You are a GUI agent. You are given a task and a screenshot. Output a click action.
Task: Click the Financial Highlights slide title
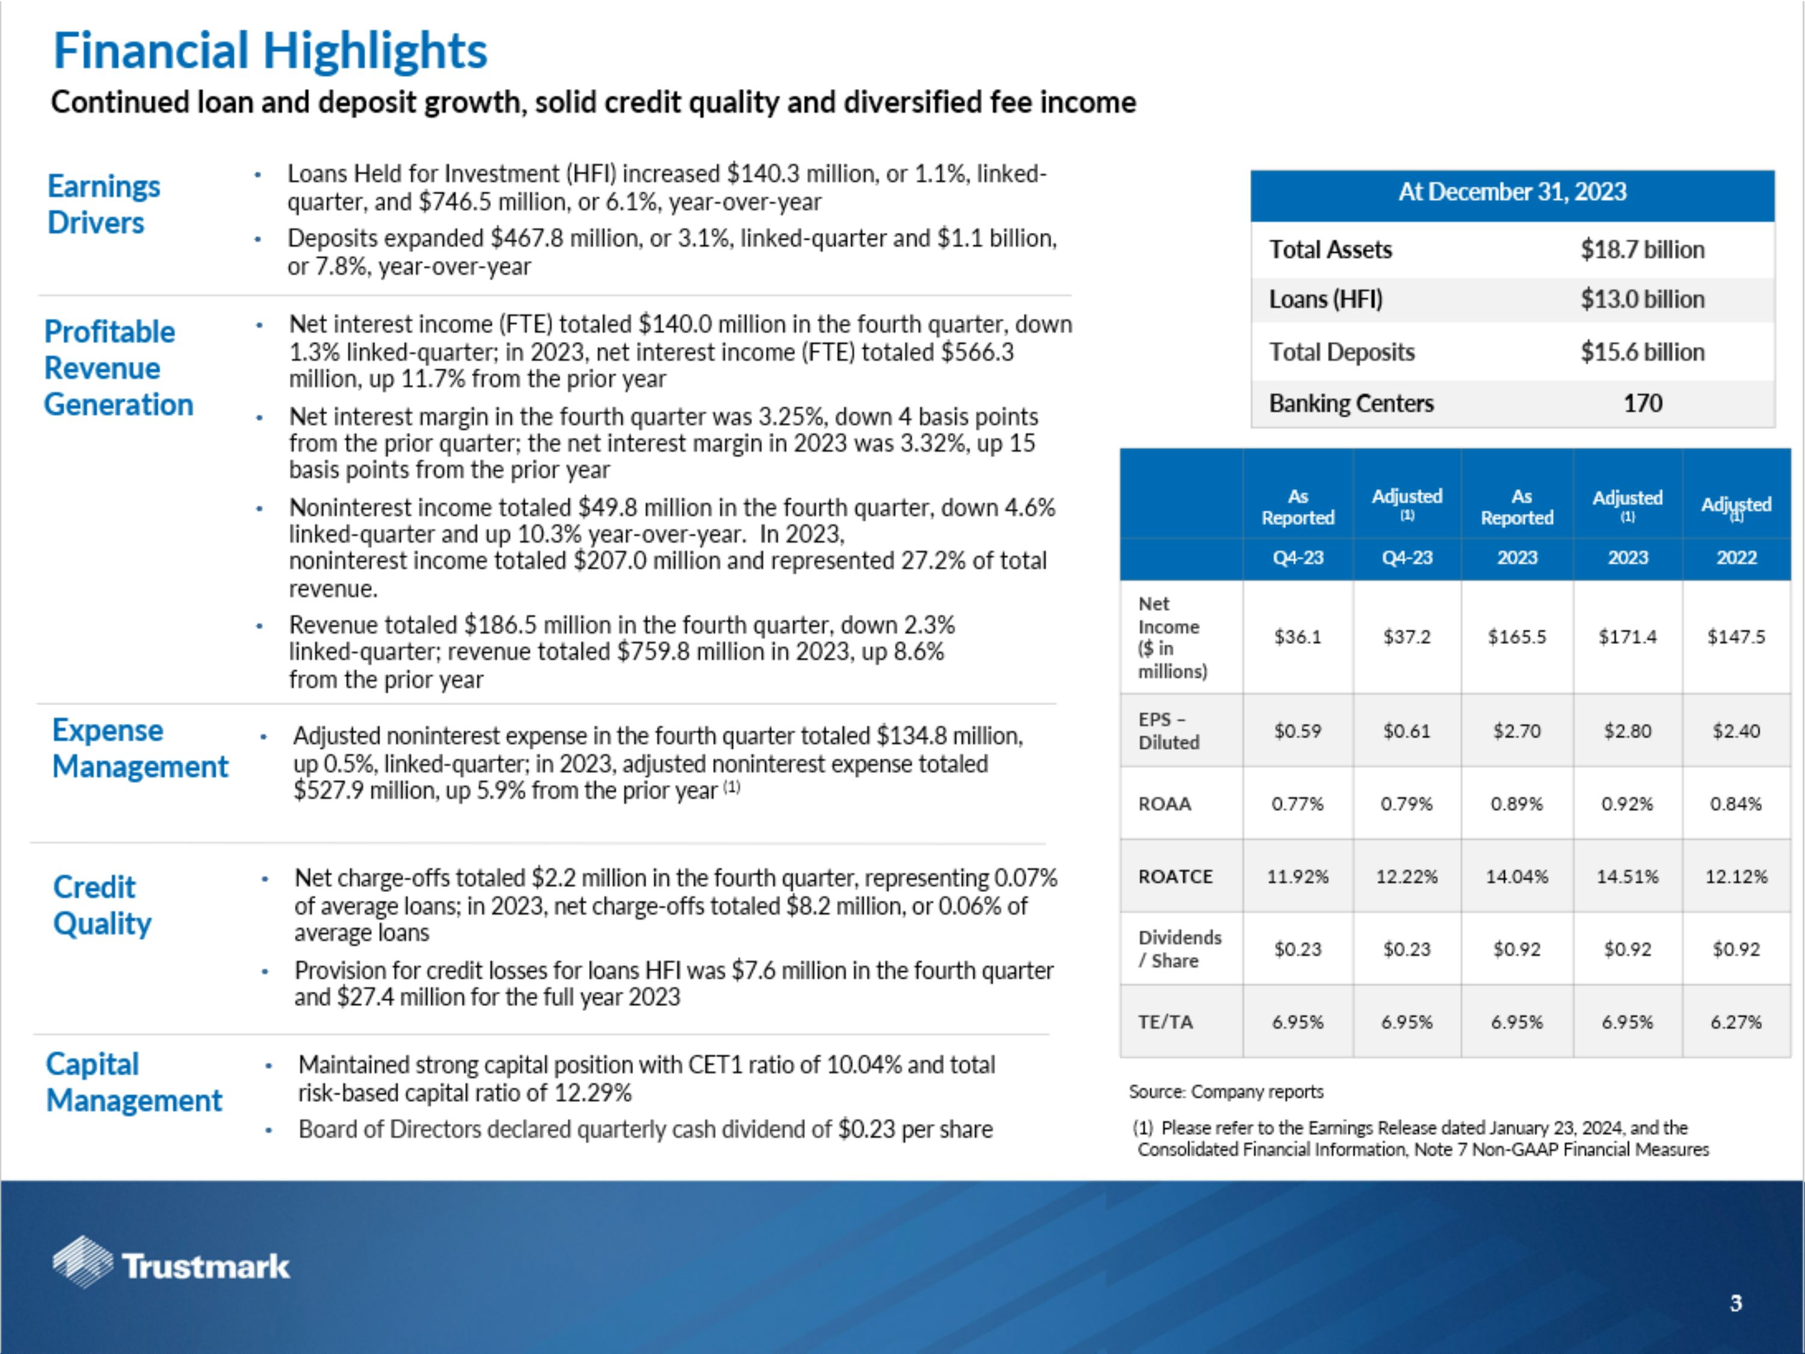pyautogui.click(x=270, y=51)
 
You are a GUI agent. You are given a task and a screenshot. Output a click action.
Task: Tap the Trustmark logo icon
pyautogui.click(x=82, y=1262)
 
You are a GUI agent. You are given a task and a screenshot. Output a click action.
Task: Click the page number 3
pyautogui.click(x=1736, y=1303)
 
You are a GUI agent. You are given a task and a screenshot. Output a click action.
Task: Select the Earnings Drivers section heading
pyautogui.click(x=103, y=204)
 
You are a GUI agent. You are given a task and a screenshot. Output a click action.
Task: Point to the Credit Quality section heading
pyautogui.click(x=102, y=905)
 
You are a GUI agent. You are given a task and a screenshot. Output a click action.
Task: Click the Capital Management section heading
pyautogui.click(x=134, y=1082)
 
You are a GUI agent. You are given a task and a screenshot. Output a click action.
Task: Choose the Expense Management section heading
pyautogui.click(x=140, y=749)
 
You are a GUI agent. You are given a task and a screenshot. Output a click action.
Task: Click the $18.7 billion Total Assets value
pyautogui.click(x=1642, y=250)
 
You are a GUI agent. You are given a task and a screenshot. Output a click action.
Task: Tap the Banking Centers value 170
pyautogui.click(x=1642, y=403)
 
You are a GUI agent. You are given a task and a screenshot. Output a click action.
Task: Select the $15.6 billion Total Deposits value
pyautogui.click(x=1642, y=352)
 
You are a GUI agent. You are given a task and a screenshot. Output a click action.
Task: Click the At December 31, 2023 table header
pyautogui.click(x=1512, y=192)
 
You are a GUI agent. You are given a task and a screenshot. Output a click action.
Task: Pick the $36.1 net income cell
pyautogui.click(x=1297, y=637)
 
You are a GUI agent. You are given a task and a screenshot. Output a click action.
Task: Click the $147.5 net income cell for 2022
pyautogui.click(x=1736, y=637)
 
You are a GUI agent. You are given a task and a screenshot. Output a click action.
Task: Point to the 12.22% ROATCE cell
pyautogui.click(x=1407, y=877)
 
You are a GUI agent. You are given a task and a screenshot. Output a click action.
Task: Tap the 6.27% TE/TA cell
pyautogui.click(x=1736, y=1022)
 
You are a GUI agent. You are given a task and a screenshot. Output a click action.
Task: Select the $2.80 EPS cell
pyautogui.click(x=1627, y=731)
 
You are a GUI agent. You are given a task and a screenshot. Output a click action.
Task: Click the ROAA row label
pyautogui.click(x=1164, y=804)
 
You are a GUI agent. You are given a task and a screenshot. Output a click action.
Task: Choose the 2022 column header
pyautogui.click(x=1736, y=557)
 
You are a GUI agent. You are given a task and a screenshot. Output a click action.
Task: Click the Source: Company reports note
pyautogui.click(x=1226, y=1092)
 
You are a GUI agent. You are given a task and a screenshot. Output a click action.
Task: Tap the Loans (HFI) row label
pyautogui.click(x=1325, y=300)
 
